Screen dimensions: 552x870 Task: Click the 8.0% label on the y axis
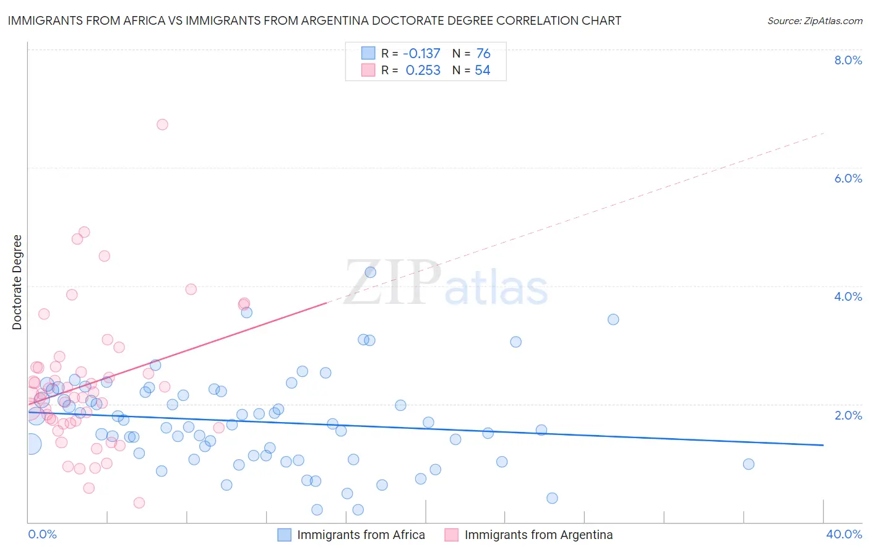(x=848, y=60)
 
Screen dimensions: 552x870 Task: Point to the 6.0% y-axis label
(x=848, y=178)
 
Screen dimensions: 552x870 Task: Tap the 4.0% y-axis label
(x=848, y=296)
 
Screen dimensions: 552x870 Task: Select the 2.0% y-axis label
(x=848, y=415)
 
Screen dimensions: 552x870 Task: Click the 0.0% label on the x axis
(x=42, y=534)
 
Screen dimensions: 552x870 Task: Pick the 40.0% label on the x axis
(x=843, y=534)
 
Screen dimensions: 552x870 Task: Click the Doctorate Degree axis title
(x=17, y=282)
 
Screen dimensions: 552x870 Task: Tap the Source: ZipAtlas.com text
(x=814, y=21)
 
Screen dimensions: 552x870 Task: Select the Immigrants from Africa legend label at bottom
(x=361, y=535)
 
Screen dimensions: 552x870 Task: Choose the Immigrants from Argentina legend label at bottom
(x=538, y=535)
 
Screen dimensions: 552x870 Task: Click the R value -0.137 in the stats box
(x=421, y=54)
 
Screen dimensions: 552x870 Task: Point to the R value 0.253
(x=423, y=71)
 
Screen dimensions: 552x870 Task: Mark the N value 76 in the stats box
(x=483, y=54)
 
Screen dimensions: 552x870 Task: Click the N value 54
(x=483, y=71)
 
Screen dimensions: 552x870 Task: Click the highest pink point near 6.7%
(x=162, y=124)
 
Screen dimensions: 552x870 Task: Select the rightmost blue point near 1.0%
(x=748, y=464)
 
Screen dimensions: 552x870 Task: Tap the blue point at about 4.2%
(x=371, y=272)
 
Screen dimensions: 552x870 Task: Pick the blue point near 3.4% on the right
(x=613, y=319)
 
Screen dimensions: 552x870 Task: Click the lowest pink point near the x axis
(x=139, y=502)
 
